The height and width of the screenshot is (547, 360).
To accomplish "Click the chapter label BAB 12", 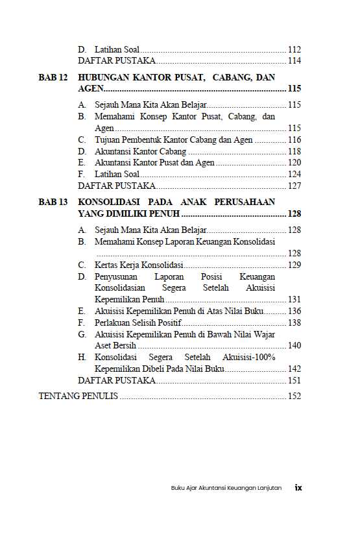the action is point(53,77).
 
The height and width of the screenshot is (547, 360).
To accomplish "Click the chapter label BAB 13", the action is point(53,202).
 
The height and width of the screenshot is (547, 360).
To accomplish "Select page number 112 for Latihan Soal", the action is point(294,49).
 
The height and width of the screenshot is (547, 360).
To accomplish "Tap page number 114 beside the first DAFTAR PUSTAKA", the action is point(294,61).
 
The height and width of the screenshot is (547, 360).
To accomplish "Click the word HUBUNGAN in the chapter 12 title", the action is point(105,77).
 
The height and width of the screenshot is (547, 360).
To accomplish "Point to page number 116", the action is point(294,140).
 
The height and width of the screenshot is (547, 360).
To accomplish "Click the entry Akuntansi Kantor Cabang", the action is point(131,151).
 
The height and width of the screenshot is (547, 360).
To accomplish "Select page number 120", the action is point(294,163).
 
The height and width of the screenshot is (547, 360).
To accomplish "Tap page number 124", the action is point(294,174).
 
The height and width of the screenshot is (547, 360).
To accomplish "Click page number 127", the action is point(294,186).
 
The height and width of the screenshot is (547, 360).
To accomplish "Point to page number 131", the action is point(294,299).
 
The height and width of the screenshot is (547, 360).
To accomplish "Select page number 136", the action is point(294,311).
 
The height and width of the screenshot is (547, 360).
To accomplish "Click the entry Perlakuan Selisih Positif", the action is point(138,322).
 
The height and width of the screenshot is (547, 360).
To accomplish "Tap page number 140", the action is point(294,346).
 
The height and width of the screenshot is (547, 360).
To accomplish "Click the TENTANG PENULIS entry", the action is point(78,396).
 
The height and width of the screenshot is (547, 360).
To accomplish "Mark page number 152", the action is point(294,396).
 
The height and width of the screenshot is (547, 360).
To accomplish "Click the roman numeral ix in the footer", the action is point(298,487).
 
